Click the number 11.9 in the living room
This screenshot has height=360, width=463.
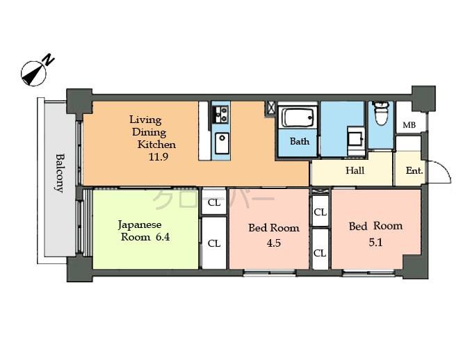(x=159, y=157)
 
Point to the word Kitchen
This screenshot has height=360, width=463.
(x=156, y=145)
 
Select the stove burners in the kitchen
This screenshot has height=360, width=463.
(x=220, y=113)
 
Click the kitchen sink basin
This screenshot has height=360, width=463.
(x=222, y=144)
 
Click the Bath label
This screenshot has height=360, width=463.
(x=300, y=141)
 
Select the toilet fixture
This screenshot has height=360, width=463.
(x=380, y=113)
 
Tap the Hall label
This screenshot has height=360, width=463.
(x=355, y=170)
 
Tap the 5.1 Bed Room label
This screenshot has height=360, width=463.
(x=375, y=233)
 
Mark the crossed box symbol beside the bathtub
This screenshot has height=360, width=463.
(x=270, y=108)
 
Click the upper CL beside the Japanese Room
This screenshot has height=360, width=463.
(x=214, y=203)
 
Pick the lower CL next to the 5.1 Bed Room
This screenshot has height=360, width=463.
(x=320, y=253)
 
